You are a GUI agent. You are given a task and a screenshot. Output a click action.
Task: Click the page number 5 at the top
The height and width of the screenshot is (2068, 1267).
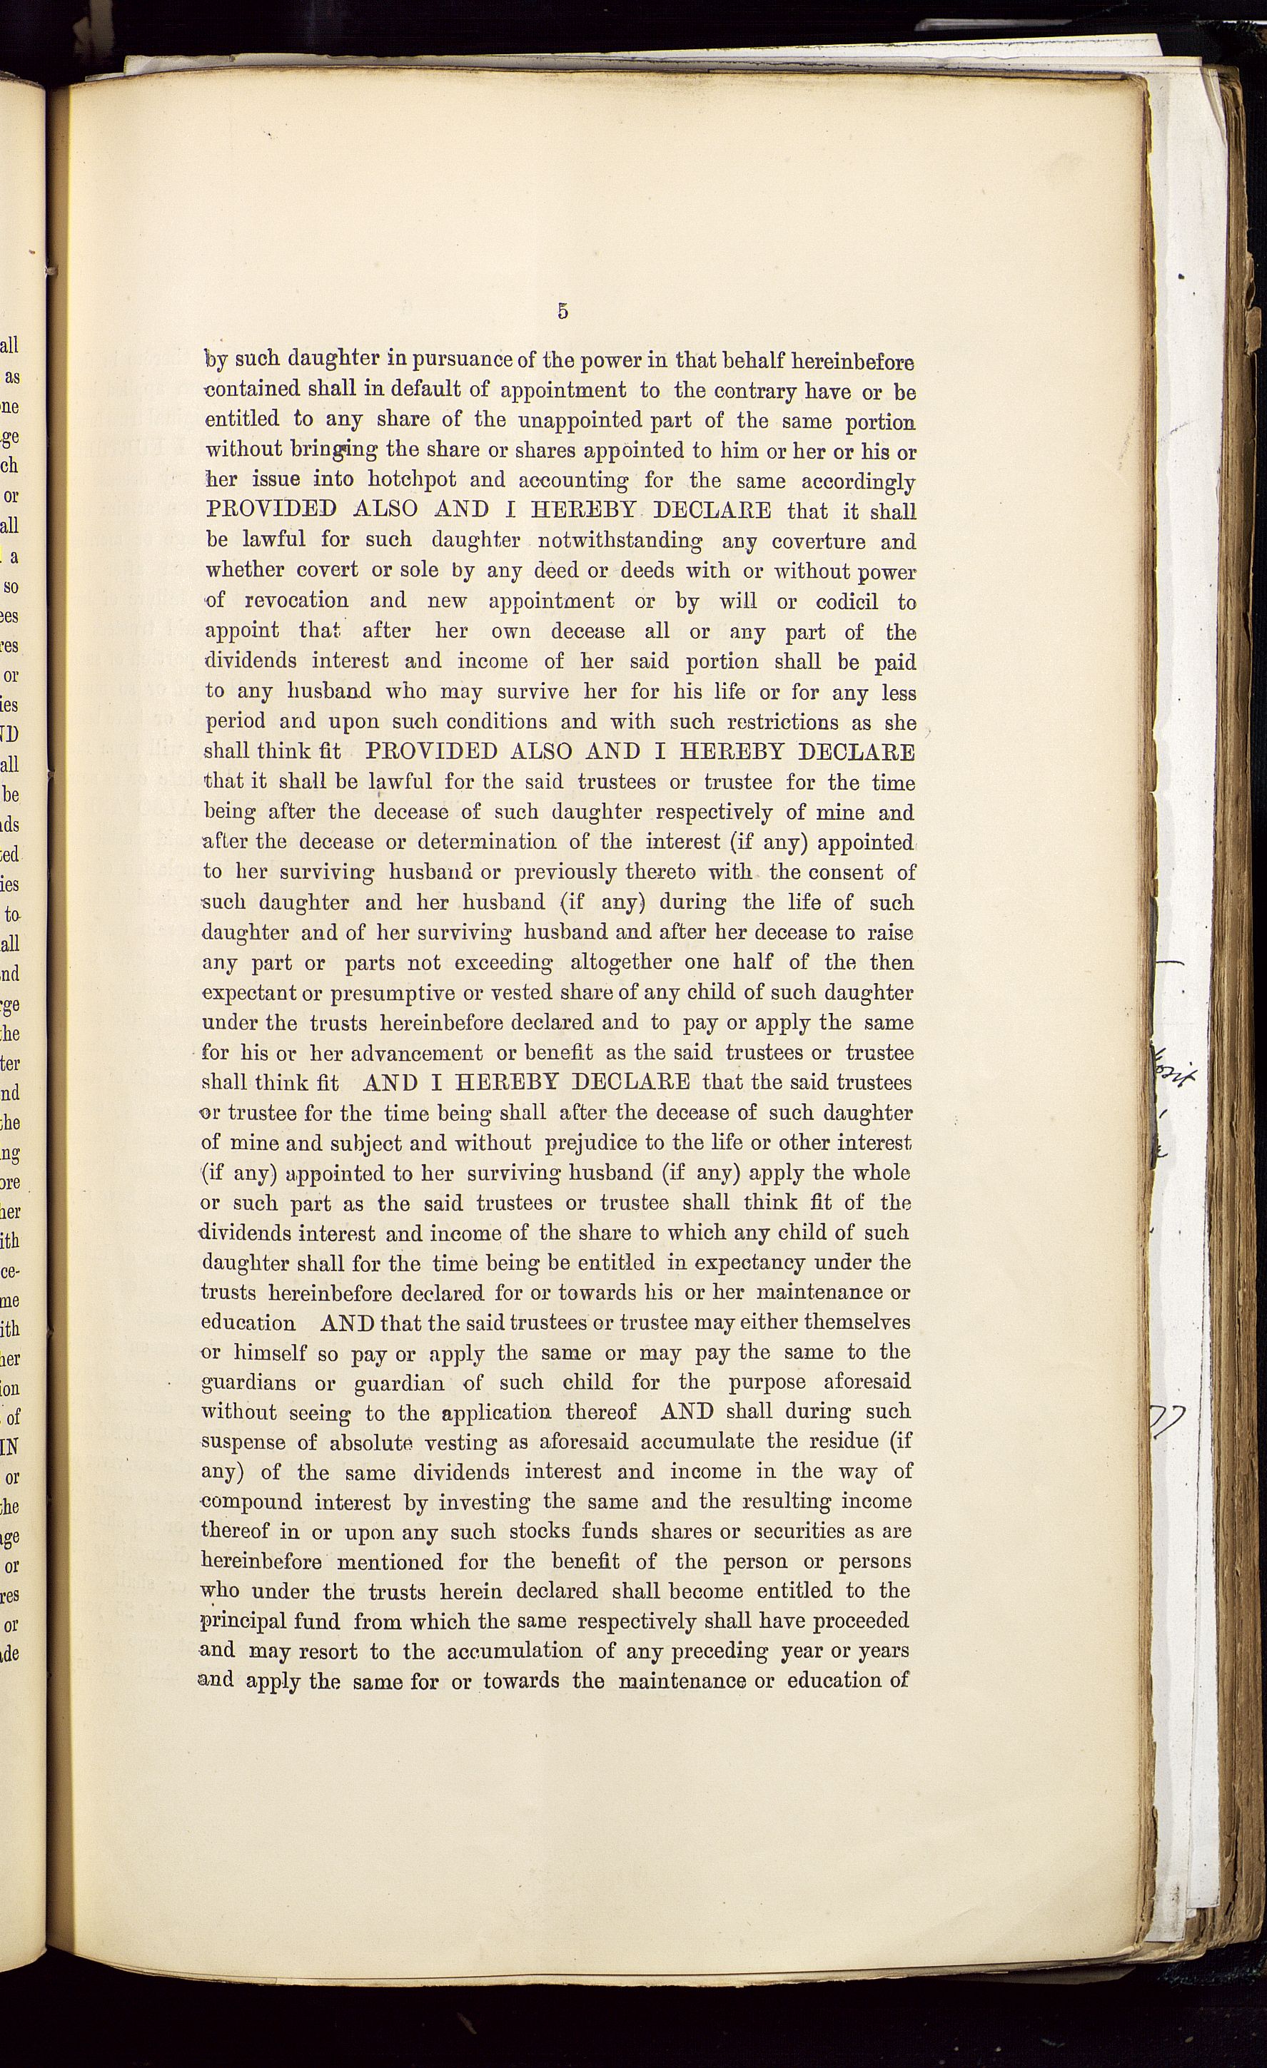(x=562, y=311)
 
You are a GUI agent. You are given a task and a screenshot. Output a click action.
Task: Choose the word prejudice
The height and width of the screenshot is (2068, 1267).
(x=594, y=1143)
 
